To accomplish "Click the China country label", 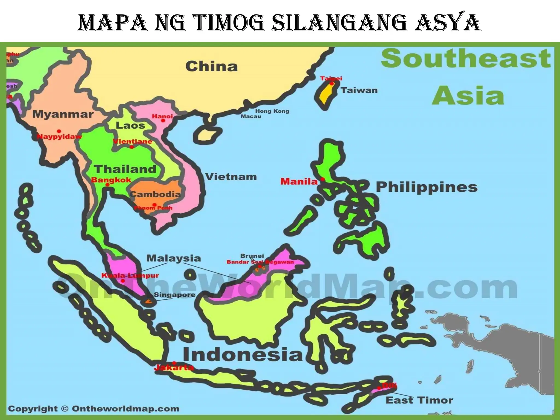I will click(x=211, y=66).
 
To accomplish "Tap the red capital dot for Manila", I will click(x=323, y=179).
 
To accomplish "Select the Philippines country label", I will click(x=427, y=187).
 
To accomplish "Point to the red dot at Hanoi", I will click(x=163, y=120).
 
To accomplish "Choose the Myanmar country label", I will click(x=63, y=114).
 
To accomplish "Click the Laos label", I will click(x=130, y=126).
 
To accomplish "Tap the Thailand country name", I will click(x=125, y=169).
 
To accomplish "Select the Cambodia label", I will click(x=155, y=194).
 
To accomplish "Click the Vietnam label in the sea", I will click(x=231, y=177).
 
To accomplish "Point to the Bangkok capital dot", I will click(x=108, y=185).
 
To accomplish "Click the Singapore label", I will click(x=174, y=295).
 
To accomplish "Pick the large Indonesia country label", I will click(x=243, y=355).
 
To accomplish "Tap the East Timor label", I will click(x=419, y=400).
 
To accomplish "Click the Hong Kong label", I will click(x=272, y=111).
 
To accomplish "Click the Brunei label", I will click(x=252, y=256).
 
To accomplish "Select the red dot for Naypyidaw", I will click(x=59, y=131).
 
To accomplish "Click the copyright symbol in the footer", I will click(x=65, y=409).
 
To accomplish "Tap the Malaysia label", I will click(x=174, y=258).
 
